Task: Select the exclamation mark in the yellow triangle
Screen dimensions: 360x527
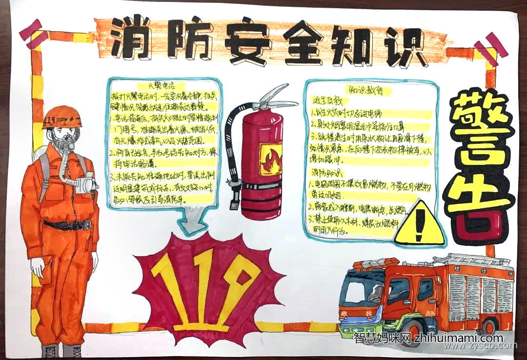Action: tap(419, 227)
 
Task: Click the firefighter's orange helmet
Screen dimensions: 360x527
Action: tap(61, 117)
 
